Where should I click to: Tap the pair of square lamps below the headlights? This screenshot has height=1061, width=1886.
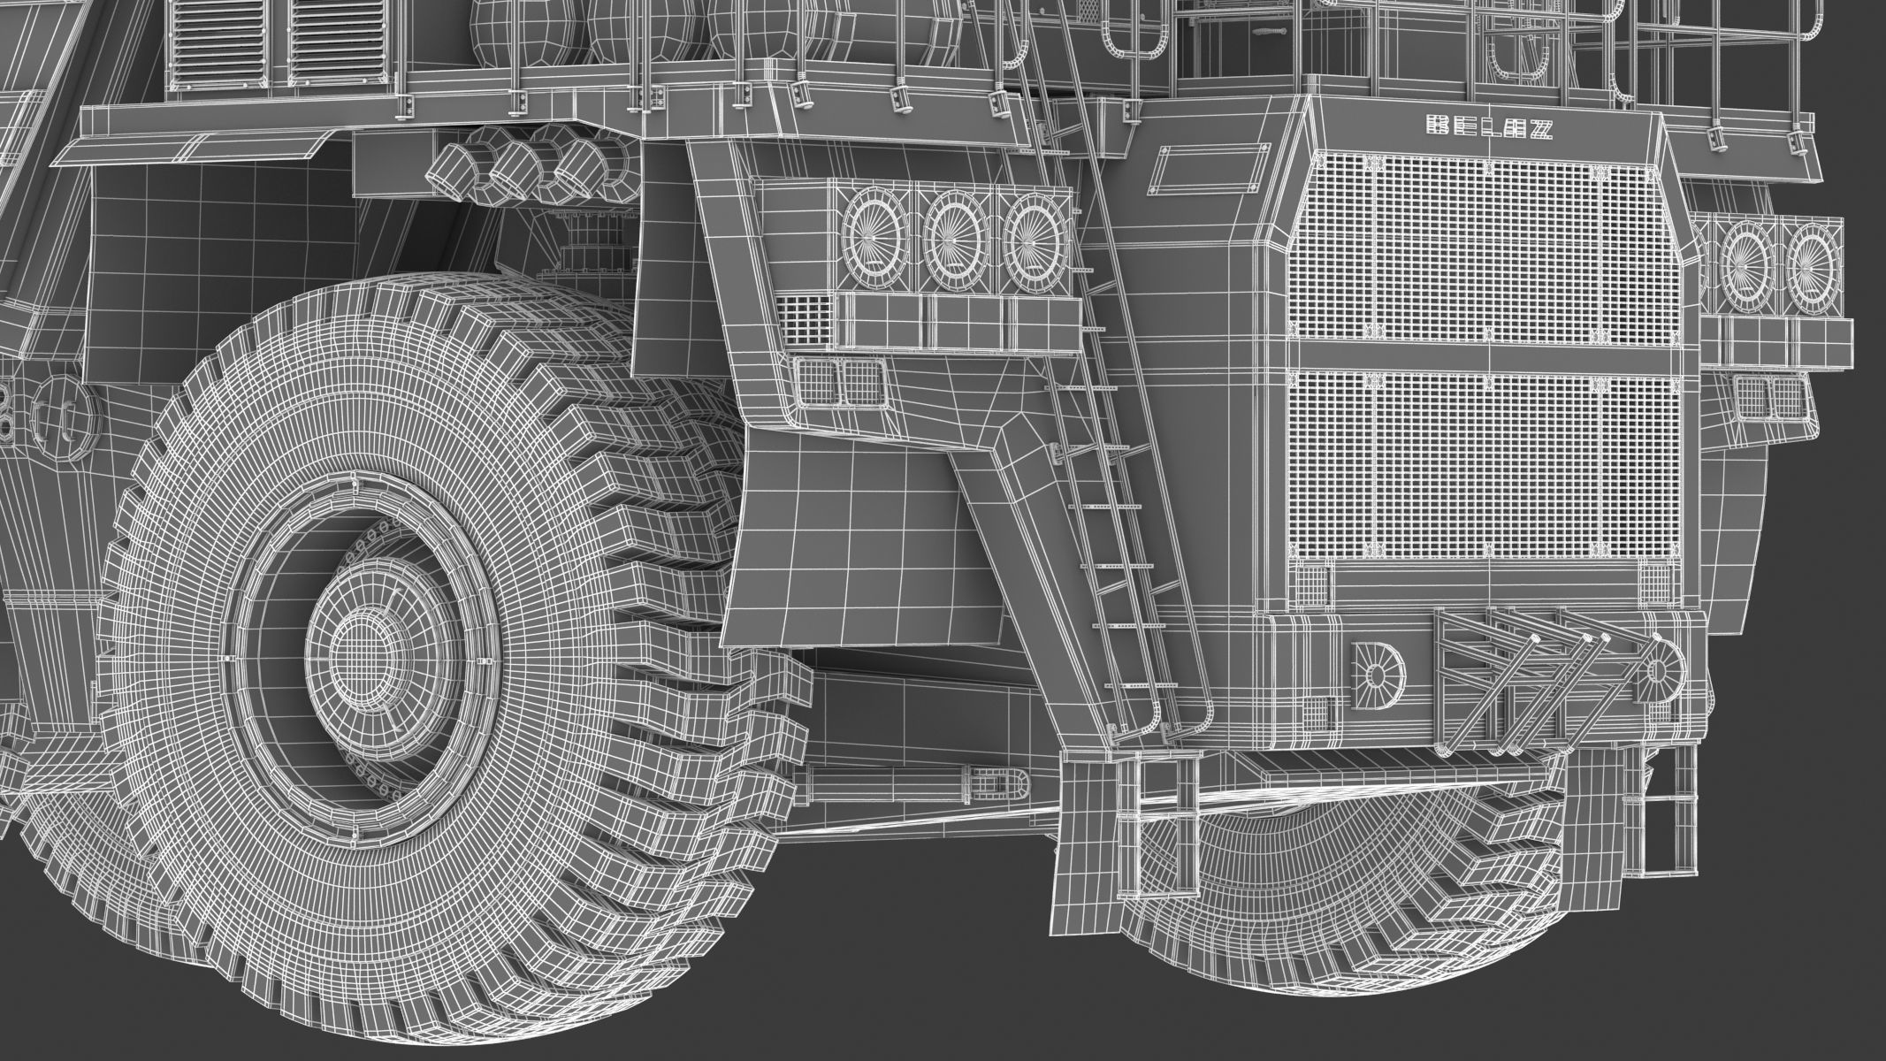point(839,381)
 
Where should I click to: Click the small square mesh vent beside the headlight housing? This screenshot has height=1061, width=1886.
point(805,320)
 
